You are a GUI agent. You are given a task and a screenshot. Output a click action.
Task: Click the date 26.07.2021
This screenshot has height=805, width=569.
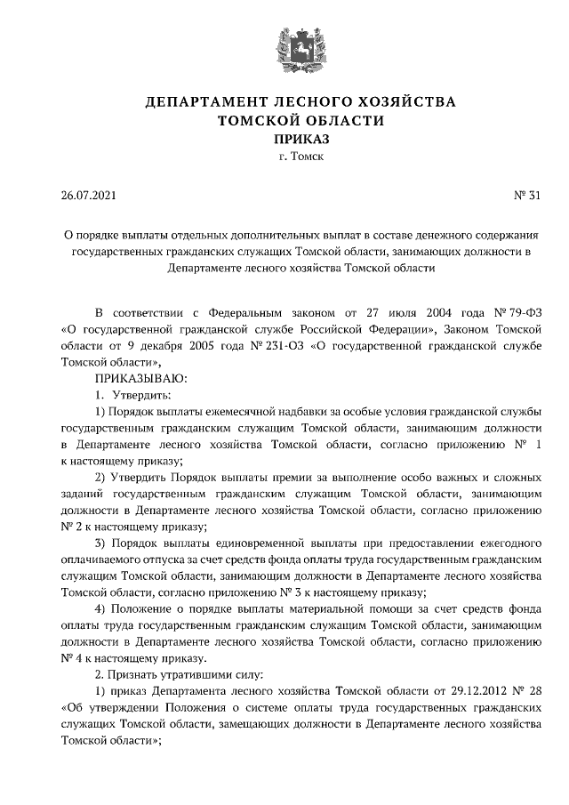point(88,195)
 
